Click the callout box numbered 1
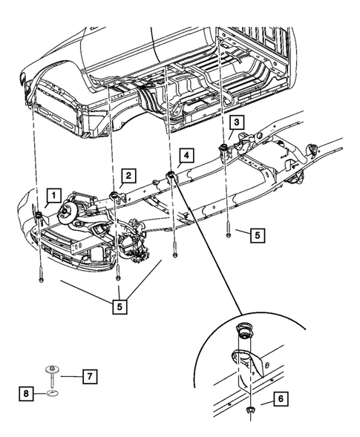click(x=53, y=197)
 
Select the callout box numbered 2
click(x=128, y=176)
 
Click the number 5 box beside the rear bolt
click(x=255, y=235)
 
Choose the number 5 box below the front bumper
click(x=120, y=304)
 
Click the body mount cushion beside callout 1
click(x=38, y=216)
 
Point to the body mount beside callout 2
click(x=115, y=197)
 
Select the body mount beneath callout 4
click(x=170, y=176)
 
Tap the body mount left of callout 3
click(x=222, y=151)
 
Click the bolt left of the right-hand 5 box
click(x=228, y=231)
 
